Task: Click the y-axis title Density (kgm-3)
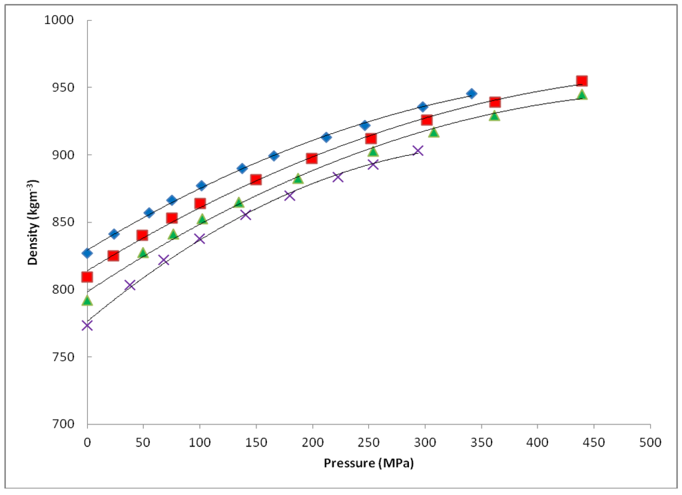coord(31,222)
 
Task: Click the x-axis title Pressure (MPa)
coord(368,463)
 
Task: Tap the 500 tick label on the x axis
coord(649,442)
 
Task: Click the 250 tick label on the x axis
coord(368,442)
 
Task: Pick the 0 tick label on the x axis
coord(87,442)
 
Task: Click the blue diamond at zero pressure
coord(87,253)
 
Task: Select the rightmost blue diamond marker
coord(472,94)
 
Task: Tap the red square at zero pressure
coord(87,276)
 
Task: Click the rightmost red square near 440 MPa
coord(581,81)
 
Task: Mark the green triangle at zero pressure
coord(87,300)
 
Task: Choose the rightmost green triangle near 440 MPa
coord(581,95)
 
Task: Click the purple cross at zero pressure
coord(87,325)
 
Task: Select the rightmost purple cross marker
coord(418,151)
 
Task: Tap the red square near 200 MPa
coord(312,159)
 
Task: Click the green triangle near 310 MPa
coord(434,133)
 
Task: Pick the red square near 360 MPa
coord(495,102)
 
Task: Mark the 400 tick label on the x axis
coord(537,442)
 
